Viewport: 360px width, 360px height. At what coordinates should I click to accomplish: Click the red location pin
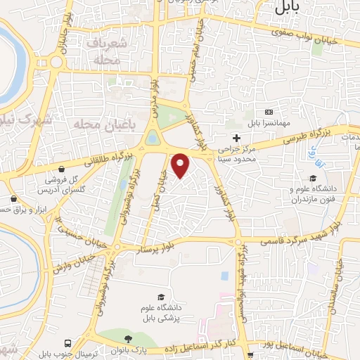click(x=181, y=165)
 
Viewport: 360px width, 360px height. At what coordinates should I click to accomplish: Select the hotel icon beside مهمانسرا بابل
click(x=269, y=112)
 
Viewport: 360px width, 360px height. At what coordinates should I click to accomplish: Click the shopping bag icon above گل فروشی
click(x=63, y=169)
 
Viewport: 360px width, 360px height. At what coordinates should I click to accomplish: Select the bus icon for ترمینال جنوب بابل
click(x=67, y=343)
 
